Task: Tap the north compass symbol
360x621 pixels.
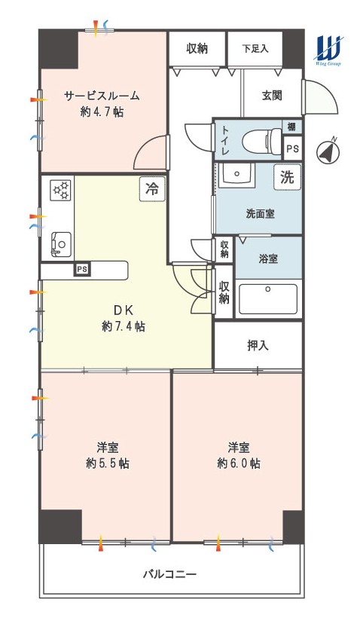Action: click(x=328, y=151)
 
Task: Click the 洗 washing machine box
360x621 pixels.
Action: click(x=287, y=177)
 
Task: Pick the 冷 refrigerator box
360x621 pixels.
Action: click(x=152, y=189)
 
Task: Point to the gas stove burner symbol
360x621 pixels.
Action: click(x=60, y=190)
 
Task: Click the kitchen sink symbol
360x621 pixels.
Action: click(x=60, y=243)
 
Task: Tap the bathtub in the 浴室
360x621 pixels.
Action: click(x=269, y=299)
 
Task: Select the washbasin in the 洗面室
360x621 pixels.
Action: click(x=236, y=174)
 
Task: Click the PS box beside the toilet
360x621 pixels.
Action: click(x=293, y=148)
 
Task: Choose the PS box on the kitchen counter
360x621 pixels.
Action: click(x=82, y=269)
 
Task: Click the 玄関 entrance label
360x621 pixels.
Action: click(x=272, y=96)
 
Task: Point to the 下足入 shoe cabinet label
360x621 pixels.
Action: click(x=255, y=49)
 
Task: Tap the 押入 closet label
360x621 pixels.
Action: click(x=258, y=345)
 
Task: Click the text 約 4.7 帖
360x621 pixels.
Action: click(x=102, y=112)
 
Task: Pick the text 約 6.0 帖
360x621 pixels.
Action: click(x=239, y=463)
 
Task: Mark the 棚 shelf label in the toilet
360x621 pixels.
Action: click(x=291, y=127)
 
